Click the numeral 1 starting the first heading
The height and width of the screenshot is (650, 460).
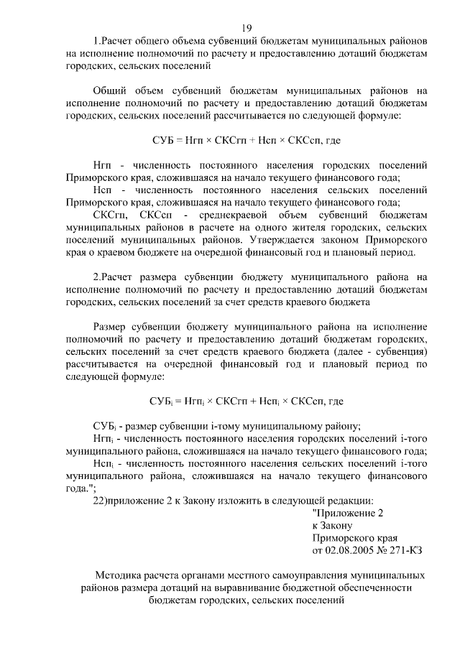pos(96,41)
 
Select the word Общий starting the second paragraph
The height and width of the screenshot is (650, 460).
pos(110,90)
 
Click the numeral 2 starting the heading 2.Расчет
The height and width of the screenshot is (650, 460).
pos(96,277)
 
